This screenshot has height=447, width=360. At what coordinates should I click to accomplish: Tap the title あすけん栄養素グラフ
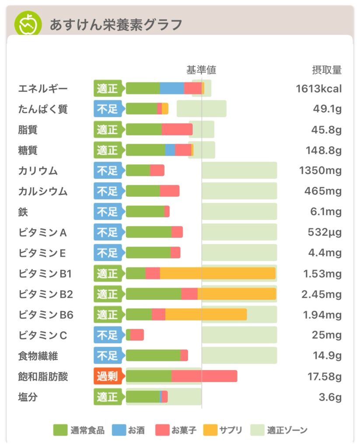[115, 25]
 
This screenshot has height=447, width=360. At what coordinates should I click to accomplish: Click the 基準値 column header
[201, 70]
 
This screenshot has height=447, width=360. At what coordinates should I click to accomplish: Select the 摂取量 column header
[326, 70]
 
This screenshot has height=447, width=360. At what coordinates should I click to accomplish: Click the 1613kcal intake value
[318, 89]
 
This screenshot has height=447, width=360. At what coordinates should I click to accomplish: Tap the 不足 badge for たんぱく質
[107, 109]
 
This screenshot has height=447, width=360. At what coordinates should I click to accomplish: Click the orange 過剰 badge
[107, 377]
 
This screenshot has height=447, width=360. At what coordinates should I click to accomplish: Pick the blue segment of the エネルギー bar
[172, 88]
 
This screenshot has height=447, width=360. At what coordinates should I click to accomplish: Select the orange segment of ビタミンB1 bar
[217, 273]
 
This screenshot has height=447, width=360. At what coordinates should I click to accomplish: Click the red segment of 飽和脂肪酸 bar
[204, 376]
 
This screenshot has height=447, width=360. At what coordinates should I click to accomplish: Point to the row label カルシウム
[43, 191]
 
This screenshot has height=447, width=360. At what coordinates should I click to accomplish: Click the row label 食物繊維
[38, 356]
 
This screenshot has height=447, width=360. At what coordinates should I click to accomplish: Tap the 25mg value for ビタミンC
[330, 336]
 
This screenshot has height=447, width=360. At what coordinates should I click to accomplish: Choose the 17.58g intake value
[324, 377]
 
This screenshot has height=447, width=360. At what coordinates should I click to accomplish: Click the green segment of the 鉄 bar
[145, 212]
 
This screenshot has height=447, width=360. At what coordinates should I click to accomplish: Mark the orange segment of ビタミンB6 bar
[206, 315]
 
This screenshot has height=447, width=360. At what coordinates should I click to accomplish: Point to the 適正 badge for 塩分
[107, 397]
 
